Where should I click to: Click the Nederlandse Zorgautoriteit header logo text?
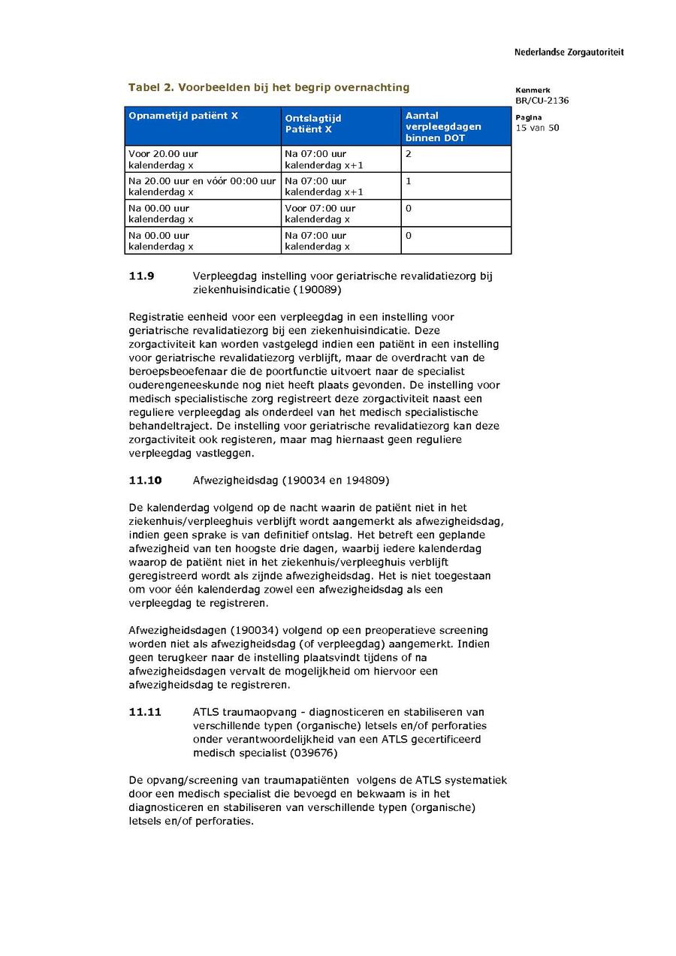coord(569,53)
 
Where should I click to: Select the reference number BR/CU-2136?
coord(542,101)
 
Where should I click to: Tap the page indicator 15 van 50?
coord(537,128)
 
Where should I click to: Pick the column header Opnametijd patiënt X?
coord(183,116)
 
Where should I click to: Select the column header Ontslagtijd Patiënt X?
coord(313,124)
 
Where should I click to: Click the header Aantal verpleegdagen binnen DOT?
coord(443,127)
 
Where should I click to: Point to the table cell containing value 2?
coord(409,154)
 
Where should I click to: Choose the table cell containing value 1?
coord(409,181)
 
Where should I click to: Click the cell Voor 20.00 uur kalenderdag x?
coord(164,159)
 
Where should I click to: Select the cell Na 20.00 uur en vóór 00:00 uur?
coord(202,181)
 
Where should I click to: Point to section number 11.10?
coord(145,480)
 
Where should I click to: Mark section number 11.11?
coord(145,712)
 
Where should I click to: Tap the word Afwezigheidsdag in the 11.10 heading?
coord(235,480)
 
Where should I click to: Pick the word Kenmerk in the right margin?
coord(533,90)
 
